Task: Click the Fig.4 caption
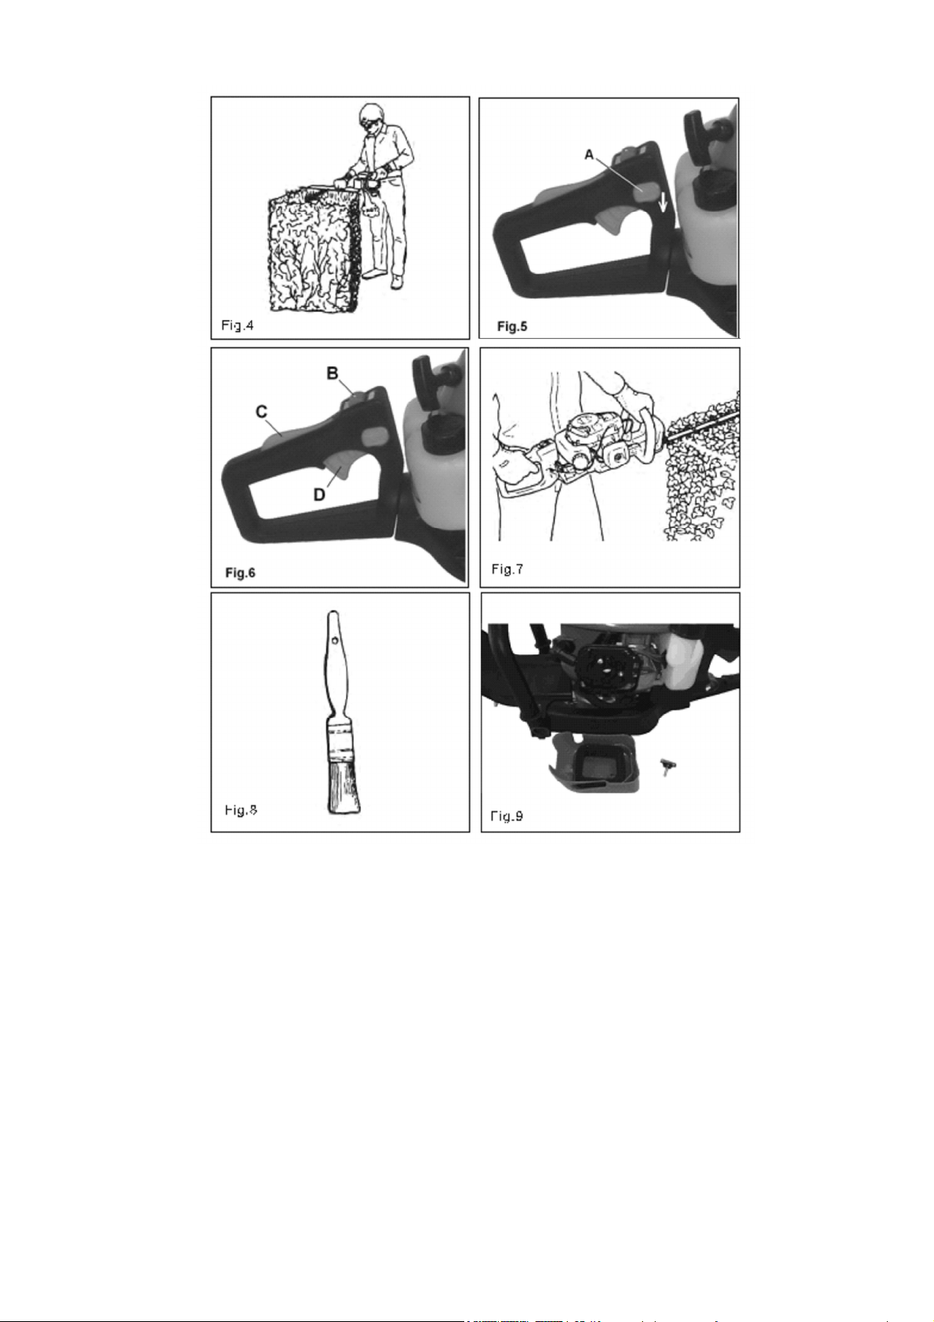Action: tap(238, 325)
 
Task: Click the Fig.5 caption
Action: tap(511, 326)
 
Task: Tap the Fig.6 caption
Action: tap(240, 573)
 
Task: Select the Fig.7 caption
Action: tap(507, 569)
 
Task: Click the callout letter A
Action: tap(589, 155)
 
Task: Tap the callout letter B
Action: tap(333, 373)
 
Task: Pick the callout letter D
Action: tap(318, 494)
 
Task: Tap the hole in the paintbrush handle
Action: tap(336, 639)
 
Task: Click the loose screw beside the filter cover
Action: tap(667, 765)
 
